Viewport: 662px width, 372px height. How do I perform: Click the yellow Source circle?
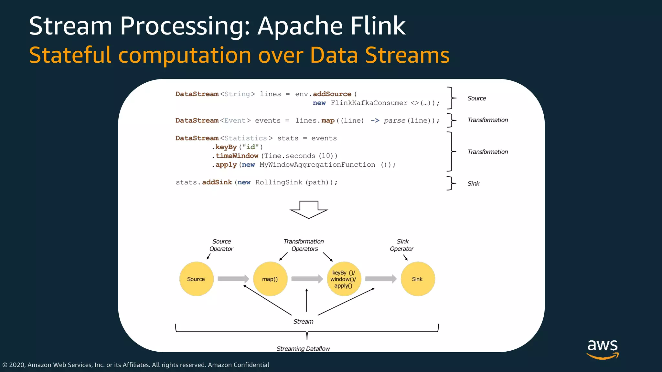[x=196, y=279]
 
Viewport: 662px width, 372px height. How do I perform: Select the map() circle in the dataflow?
[x=270, y=279]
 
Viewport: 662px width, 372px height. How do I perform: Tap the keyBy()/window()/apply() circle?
[x=344, y=279]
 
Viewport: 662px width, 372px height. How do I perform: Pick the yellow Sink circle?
[x=418, y=279]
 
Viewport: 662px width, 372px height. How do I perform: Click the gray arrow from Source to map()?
[x=233, y=279]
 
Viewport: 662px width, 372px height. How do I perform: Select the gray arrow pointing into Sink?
[x=381, y=279]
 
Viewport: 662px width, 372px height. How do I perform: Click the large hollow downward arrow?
[x=309, y=210]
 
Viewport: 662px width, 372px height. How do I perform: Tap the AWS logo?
[x=603, y=349]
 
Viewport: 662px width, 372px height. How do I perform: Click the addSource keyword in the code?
[x=332, y=94]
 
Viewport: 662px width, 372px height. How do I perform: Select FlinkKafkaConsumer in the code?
[x=369, y=103]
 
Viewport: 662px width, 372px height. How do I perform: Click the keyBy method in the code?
[x=226, y=147]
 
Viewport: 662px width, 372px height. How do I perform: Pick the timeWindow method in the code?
[x=237, y=156]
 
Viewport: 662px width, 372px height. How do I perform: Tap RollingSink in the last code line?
[x=279, y=182]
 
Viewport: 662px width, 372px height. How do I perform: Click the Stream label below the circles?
[x=303, y=322]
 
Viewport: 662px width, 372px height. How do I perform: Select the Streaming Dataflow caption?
[x=303, y=349]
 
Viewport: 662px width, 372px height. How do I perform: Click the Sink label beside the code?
[x=473, y=184]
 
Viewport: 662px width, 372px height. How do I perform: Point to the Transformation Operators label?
[x=304, y=245]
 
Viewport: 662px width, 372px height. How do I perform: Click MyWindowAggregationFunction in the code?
[x=317, y=165]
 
